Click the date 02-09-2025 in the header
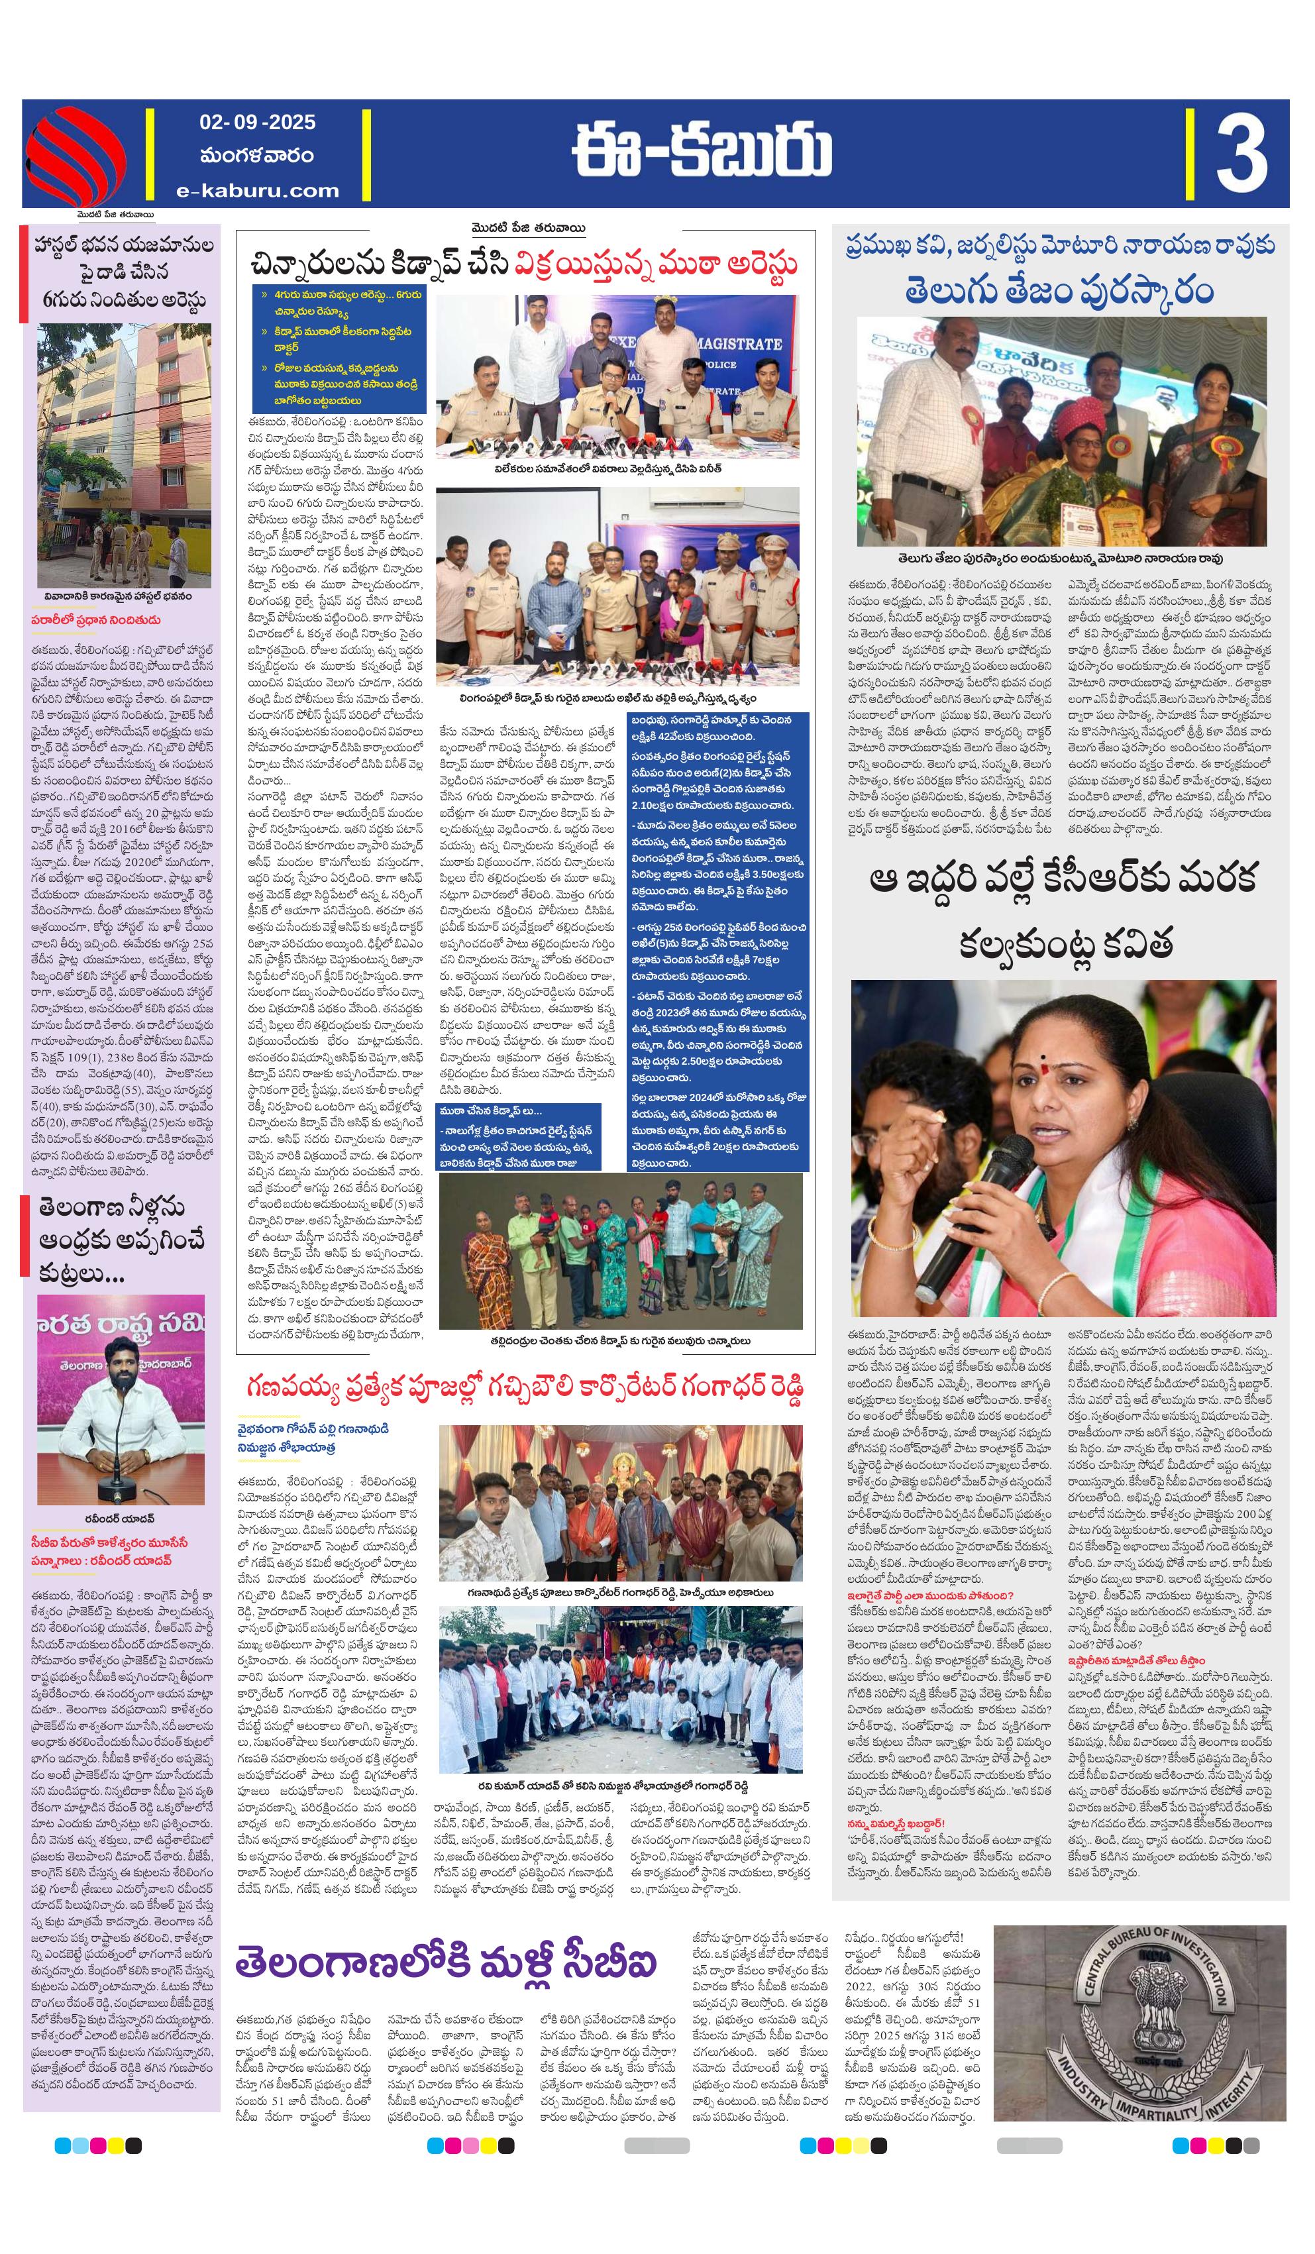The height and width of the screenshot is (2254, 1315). (x=258, y=122)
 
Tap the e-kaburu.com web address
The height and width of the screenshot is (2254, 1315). (x=258, y=189)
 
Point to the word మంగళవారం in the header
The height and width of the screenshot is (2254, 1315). (x=258, y=156)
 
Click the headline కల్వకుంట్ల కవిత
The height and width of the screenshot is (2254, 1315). (x=1065, y=943)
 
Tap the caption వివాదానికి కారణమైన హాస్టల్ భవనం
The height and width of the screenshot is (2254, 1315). (x=118, y=596)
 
